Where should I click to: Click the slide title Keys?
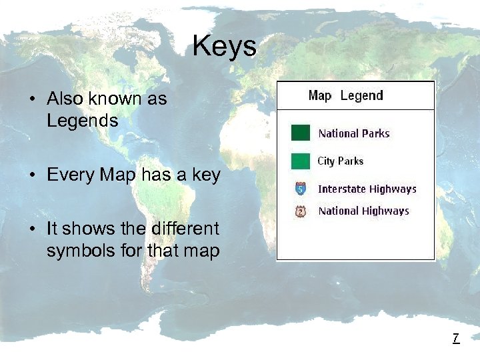click(x=224, y=46)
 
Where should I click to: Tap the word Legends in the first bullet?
click(x=82, y=121)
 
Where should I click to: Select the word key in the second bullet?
click(x=205, y=176)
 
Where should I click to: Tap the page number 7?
click(x=455, y=338)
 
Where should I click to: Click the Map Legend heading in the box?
click(x=345, y=95)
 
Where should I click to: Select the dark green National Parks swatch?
click(x=301, y=133)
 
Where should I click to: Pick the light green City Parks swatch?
click(x=301, y=161)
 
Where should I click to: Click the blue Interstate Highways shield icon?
click(x=301, y=189)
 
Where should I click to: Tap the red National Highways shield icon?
click(x=301, y=211)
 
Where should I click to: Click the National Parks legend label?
click(x=354, y=133)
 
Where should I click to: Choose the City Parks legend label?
click(x=340, y=161)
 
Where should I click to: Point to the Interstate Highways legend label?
click(x=367, y=189)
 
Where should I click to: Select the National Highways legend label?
click(x=363, y=211)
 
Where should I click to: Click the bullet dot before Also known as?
click(x=32, y=100)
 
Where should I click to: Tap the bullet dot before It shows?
click(x=32, y=229)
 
